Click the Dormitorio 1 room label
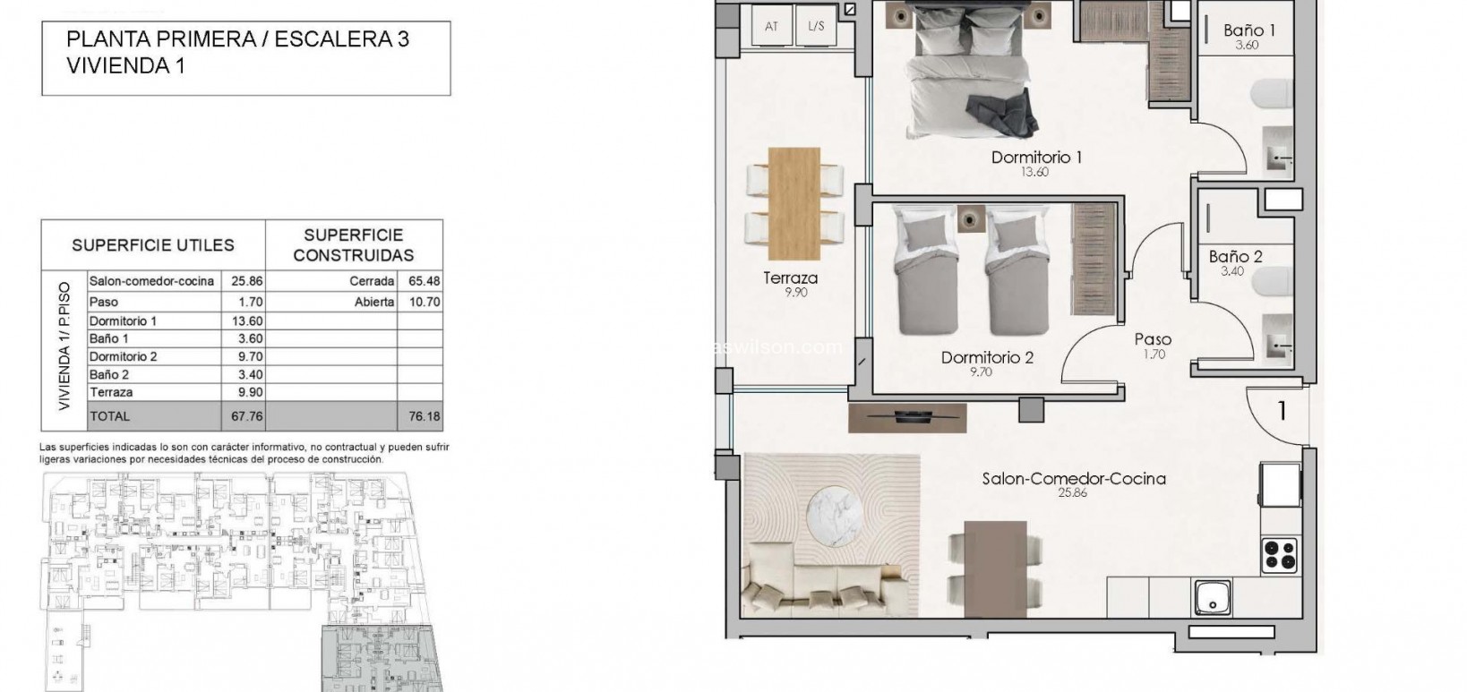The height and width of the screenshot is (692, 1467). click(1036, 158)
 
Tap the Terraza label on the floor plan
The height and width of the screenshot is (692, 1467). click(790, 278)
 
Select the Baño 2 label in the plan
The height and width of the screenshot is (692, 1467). click(1235, 257)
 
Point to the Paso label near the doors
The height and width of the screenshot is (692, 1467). click(1152, 339)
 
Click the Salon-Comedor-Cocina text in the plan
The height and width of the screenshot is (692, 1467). click(1073, 479)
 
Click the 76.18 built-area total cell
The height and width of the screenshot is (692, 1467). click(420, 416)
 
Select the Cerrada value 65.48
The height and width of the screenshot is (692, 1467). click(422, 281)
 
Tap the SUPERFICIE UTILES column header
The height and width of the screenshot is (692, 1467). click(153, 244)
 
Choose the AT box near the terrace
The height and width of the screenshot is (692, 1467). click(771, 26)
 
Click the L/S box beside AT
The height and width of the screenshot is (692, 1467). click(816, 26)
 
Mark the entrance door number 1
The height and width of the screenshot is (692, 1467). click(1282, 410)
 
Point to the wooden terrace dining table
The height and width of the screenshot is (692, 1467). click(794, 201)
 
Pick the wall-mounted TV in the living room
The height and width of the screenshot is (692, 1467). click(907, 414)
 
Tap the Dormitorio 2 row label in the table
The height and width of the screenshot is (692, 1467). click(124, 356)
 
